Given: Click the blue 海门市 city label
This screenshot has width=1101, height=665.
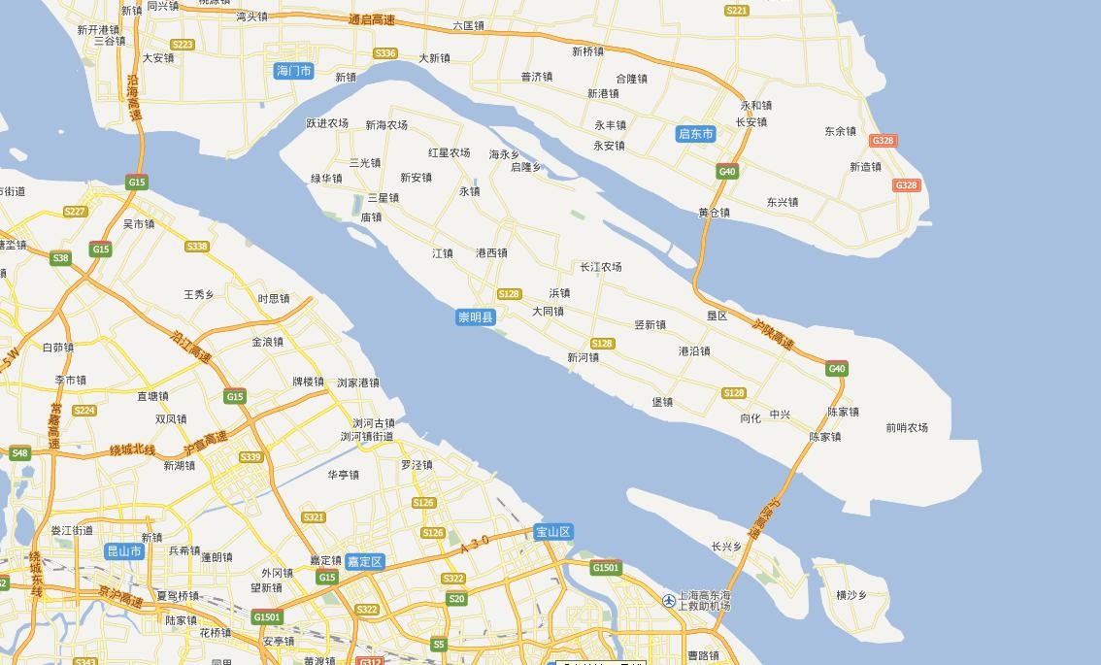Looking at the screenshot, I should point(294,71).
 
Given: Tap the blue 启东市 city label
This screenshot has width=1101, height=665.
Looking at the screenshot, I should point(695,134).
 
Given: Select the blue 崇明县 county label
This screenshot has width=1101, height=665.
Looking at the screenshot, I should point(476,317).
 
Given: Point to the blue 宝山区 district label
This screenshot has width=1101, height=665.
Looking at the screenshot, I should point(553,532).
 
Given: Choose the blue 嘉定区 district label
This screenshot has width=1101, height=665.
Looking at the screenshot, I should point(365,561).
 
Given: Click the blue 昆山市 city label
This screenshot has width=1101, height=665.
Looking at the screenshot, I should point(124,551).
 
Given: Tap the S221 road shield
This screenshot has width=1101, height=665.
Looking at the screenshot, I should point(737,11).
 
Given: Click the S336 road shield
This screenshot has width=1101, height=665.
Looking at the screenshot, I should point(385,53).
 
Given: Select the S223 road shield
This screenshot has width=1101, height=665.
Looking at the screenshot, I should point(182,45).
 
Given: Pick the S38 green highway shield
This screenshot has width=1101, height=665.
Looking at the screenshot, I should point(60,258).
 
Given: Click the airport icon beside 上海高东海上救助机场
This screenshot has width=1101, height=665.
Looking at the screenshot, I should point(669,601).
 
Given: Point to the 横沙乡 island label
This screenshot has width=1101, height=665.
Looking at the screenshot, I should point(851,595).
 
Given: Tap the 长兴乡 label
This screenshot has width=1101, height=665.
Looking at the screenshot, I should point(726,547).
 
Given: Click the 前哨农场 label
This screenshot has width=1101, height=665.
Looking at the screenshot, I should point(907,427).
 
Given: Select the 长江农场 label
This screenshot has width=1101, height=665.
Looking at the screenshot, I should point(601,267).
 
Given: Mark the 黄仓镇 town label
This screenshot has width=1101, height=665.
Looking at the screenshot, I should point(714,213).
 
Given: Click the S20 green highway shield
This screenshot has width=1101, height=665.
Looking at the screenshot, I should point(456,599).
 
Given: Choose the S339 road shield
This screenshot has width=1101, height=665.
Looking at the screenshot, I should point(250,457).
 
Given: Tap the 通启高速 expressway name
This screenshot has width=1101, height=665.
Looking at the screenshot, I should point(372,19).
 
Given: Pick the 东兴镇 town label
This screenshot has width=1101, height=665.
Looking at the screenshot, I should point(782,202).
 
